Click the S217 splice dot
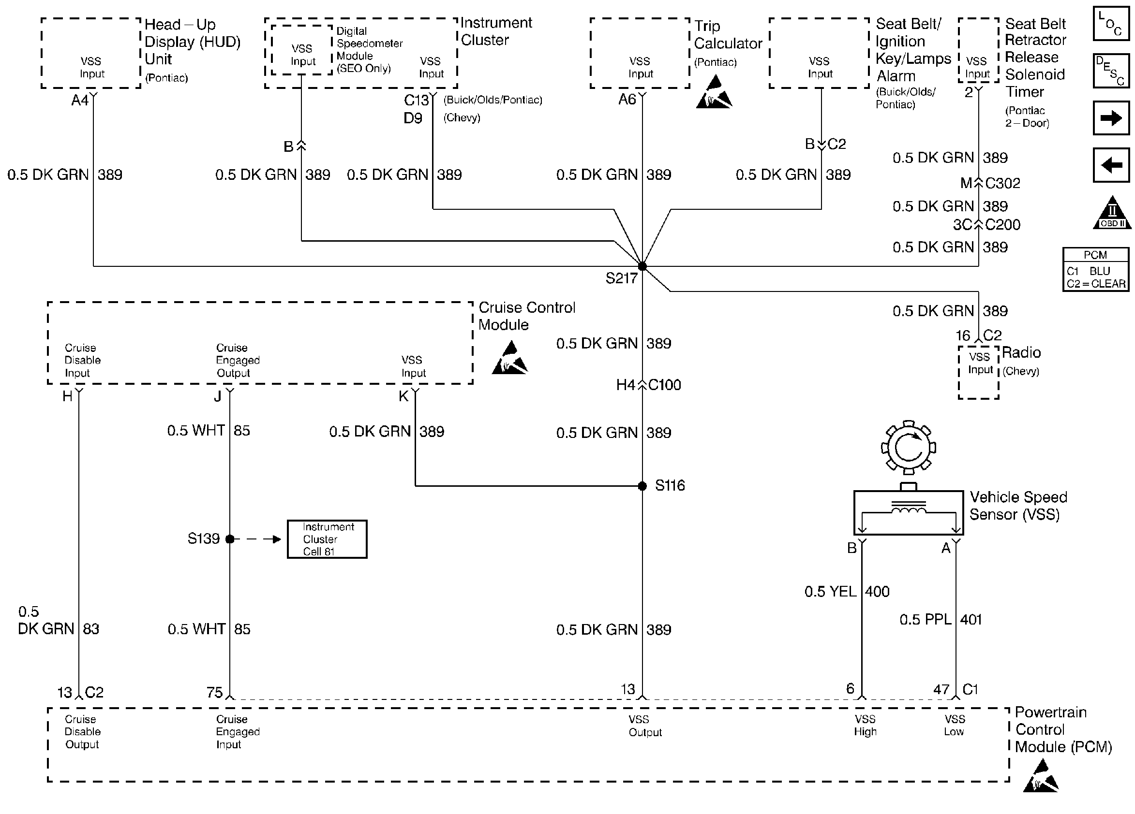pos(642,266)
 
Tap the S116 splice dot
pos(642,485)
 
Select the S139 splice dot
pos(230,539)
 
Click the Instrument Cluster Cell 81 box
pos(327,539)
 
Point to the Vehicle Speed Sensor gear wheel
pos(908,448)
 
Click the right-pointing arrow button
pos(1111,118)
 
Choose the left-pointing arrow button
pos(1111,165)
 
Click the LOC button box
pos(1111,24)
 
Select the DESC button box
pos(1111,71)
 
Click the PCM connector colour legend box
pos(1095,270)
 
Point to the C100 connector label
pos(664,385)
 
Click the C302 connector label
pos(1002,184)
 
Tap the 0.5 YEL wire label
pos(830,592)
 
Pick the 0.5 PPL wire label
pos(925,620)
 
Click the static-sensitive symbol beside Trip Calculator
pos(714,92)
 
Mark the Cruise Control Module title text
pos(526,316)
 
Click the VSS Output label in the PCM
pos(644,726)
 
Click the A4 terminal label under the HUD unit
pos(79,101)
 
